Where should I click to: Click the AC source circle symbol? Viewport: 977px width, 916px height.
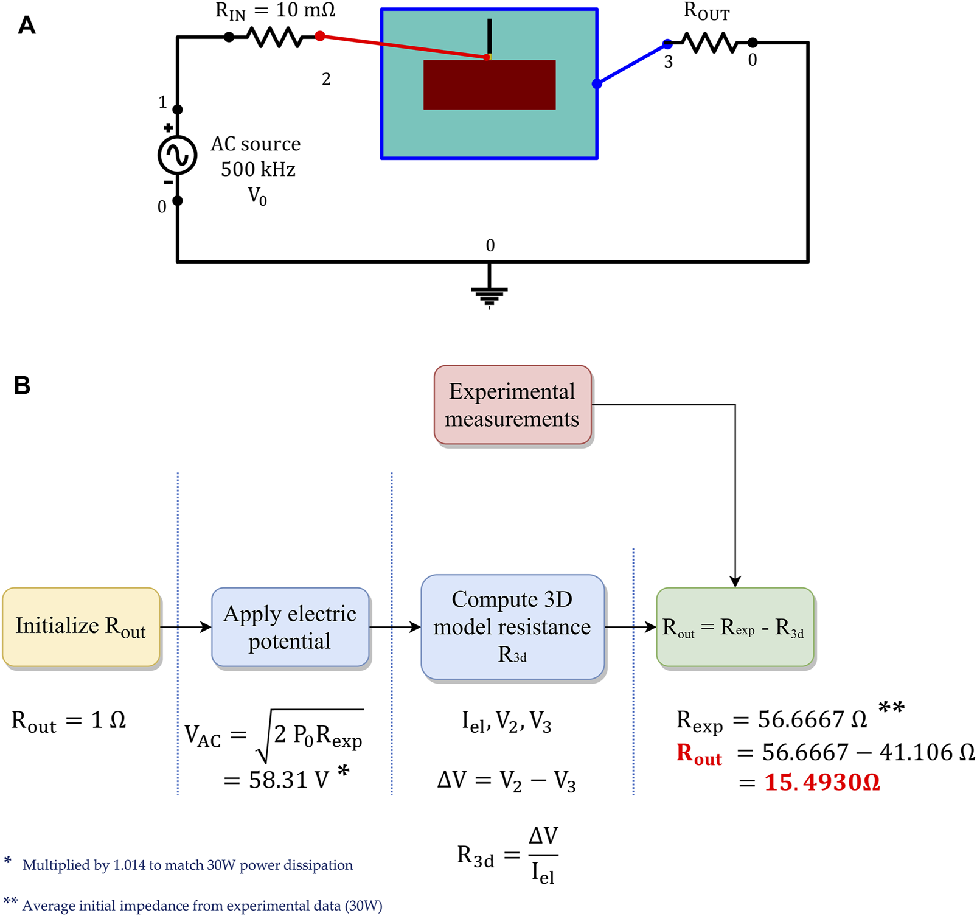[177, 155]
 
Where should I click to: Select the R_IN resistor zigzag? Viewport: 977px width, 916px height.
[274, 38]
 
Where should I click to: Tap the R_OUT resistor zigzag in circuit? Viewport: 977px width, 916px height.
[710, 43]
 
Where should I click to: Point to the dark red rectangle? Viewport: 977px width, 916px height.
[489, 85]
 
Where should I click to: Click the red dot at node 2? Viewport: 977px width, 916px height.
[320, 37]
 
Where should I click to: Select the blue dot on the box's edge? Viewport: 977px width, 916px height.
[597, 84]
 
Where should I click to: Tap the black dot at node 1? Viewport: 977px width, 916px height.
[178, 110]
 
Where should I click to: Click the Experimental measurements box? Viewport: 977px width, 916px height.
[512, 405]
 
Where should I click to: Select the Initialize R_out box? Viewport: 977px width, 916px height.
[81, 627]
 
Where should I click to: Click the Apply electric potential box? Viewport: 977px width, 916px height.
[290, 627]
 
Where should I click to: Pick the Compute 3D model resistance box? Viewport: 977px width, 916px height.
[512, 627]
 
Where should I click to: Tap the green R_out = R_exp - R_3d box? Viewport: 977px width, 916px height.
[734, 627]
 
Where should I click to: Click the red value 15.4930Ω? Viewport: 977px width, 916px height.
[821, 782]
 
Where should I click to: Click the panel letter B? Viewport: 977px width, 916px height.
[22, 385]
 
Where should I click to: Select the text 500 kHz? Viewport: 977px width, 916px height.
[258, 169]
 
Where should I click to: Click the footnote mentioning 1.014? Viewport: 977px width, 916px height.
[187, 865]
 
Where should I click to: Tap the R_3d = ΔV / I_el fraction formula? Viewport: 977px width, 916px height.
[507, 855]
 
